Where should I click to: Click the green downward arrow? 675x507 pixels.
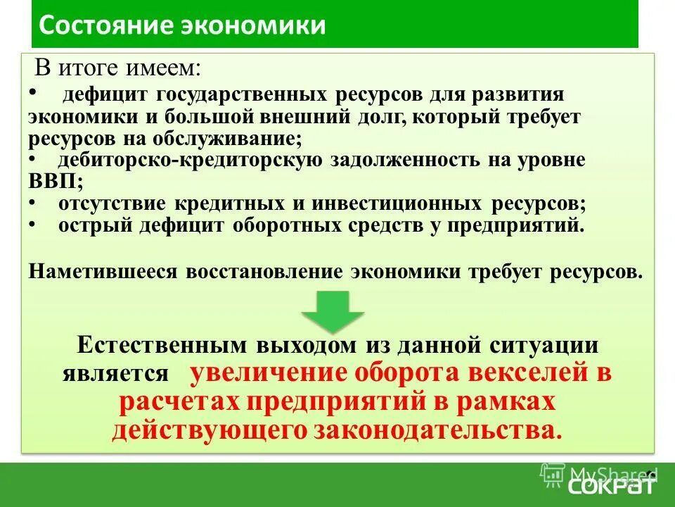coord(333,311)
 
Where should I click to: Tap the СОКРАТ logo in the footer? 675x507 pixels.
coord(611,486)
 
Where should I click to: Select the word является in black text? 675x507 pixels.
coord(116,373)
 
